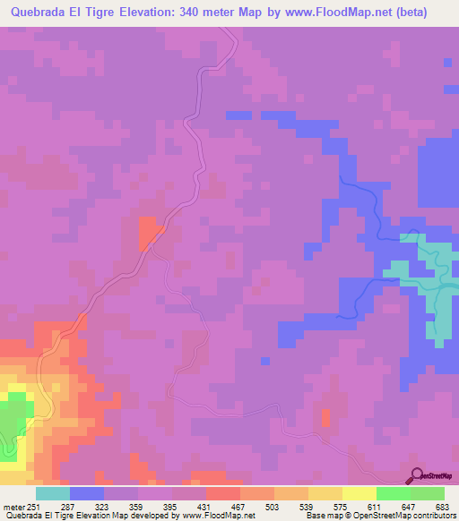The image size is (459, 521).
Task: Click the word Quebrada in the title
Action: (x=41, y=12)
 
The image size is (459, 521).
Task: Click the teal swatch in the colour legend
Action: (x=53, y=493)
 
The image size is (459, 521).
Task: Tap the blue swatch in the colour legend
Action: (x=87, y=493)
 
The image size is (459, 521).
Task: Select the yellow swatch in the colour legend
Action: (x=359, y=493)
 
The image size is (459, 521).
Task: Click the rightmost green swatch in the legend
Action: (x=427, y=493)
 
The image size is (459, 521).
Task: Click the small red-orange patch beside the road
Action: (x=149, y=232)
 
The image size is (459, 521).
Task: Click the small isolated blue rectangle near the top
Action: (x=238, y=115)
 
